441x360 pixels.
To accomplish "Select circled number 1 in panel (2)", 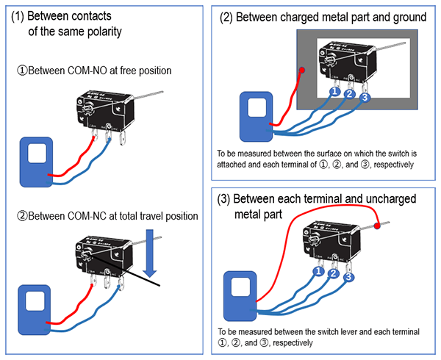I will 335,93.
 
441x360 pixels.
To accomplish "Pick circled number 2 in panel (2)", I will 351,95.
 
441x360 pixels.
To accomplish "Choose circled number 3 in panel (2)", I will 366,98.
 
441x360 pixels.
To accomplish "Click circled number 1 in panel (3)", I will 318,271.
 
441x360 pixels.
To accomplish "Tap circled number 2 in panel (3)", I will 334,274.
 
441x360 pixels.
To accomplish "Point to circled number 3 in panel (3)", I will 350,277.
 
